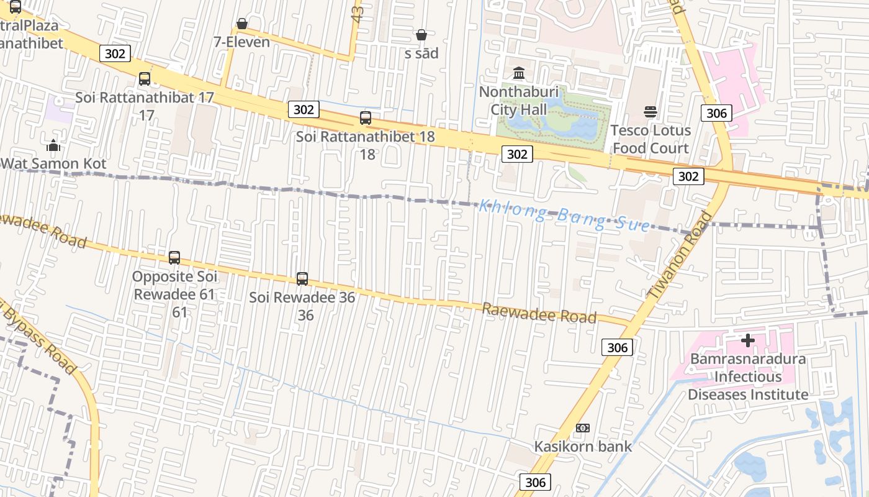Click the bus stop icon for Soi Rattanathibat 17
(145, 79)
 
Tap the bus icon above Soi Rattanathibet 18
(366, 117)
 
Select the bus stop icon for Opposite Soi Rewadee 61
(174, 257)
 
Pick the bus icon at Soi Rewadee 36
(302, 278)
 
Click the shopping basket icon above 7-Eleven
(242, 24)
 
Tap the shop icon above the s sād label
(421, 35)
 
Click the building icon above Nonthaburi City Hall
(519, 73)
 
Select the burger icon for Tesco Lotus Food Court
(651, 112)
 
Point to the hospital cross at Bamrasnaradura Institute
(748, 340)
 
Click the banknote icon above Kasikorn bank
(583, 427)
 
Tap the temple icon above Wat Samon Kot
(53, 145)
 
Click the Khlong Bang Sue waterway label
(564, 215)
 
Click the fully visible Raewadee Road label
(539, 313)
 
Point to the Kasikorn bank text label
(583, 446)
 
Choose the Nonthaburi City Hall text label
(519, 101)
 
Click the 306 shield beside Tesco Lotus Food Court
(716, 112)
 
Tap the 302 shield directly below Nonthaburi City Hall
(517, 154)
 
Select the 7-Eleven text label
(241, 42)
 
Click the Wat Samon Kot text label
(53, 164)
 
